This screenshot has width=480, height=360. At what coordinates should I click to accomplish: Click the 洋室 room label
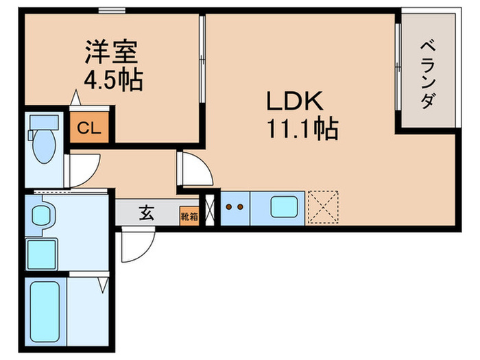coord(113,53)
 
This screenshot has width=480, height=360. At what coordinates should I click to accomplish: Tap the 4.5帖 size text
coord(113,80)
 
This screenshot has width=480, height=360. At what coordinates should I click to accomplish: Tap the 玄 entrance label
coord(147,213)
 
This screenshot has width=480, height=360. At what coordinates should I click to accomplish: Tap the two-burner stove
coord(235,206)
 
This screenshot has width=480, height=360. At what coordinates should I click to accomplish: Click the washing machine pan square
coord(43,255)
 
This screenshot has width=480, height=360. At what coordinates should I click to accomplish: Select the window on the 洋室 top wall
coord(111,10)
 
